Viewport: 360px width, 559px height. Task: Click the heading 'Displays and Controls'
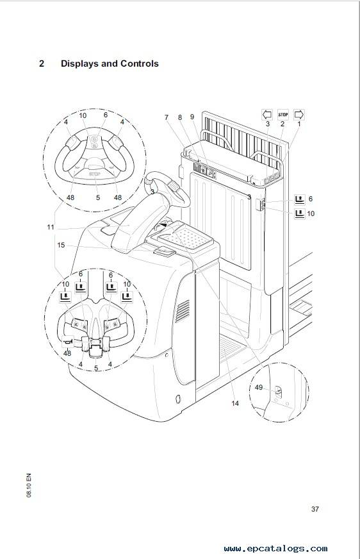[x=110, y=63]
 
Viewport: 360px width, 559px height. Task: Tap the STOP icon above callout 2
[x=282, y=115]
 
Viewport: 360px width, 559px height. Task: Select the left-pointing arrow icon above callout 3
[x=267, y=115]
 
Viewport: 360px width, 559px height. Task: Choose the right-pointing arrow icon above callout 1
[x=299, y=115]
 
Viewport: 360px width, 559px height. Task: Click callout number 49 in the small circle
[x=259, y=387]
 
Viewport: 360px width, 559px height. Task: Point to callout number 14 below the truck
[x=235, y=403]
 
